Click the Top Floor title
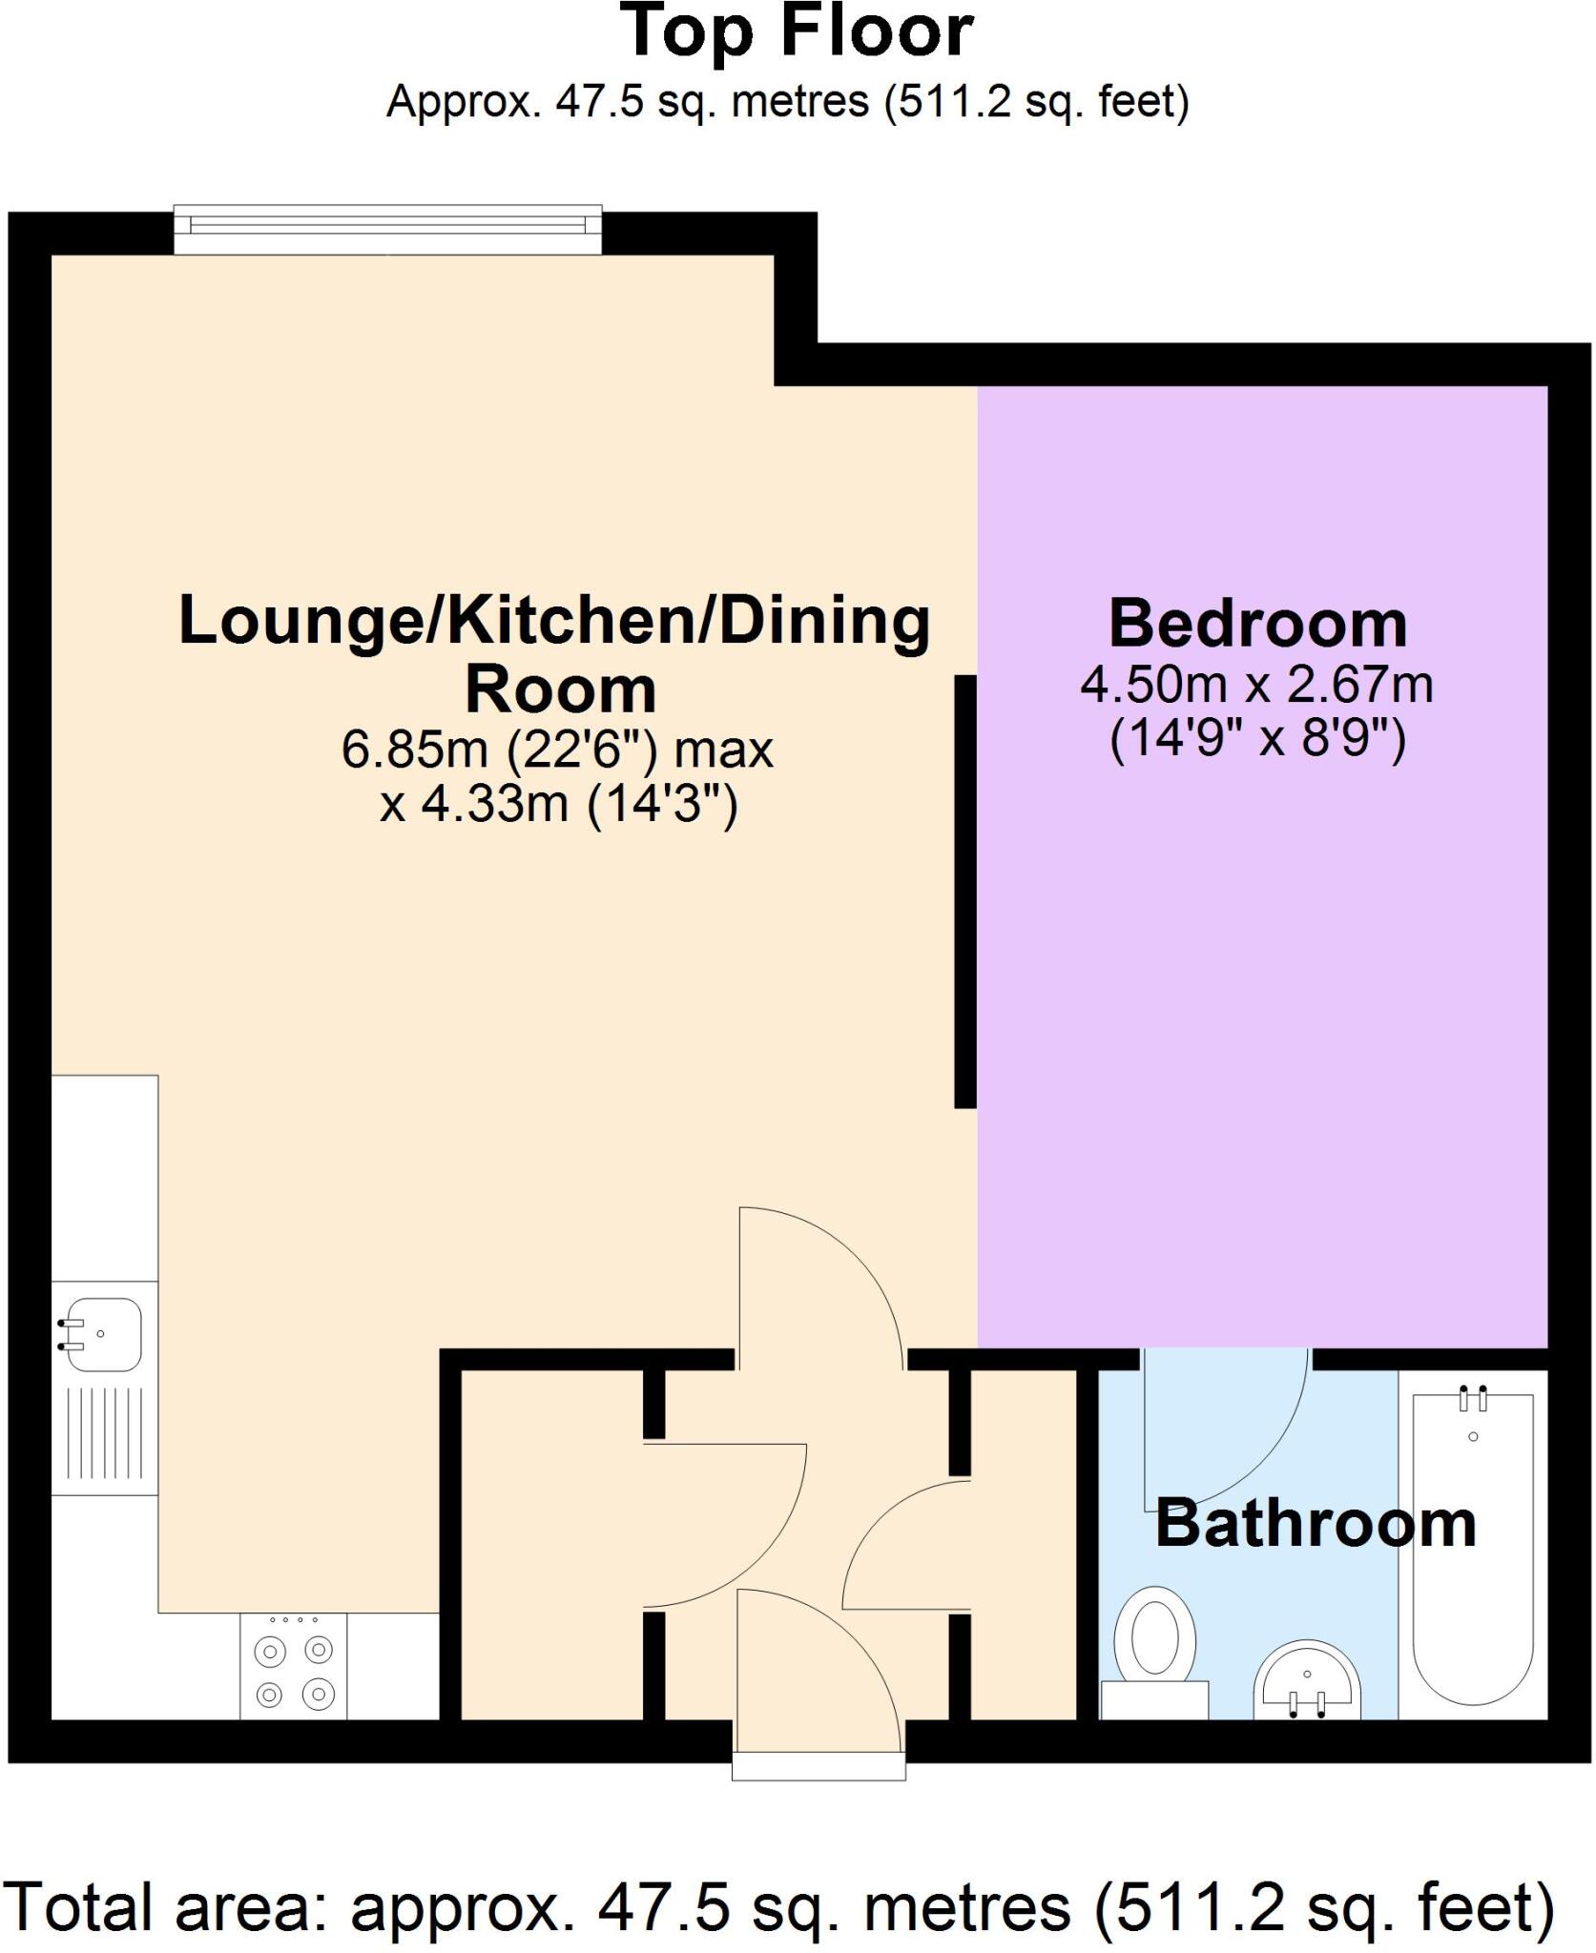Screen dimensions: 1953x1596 (797, 33)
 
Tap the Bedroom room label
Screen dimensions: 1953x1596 (1257, 625)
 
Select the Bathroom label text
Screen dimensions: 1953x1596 (1316, 1524)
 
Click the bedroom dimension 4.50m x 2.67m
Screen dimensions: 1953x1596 (1256, 685)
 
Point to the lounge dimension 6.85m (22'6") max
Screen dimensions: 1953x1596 (557, 750)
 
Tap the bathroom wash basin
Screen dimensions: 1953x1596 (1306, 1680)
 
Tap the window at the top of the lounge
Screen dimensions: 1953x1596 (387, 228)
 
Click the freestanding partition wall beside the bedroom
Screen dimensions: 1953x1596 (965, 892)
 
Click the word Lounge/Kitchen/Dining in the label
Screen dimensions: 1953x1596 (554, 622)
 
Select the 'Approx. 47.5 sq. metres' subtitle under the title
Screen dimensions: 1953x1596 (787, 101)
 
